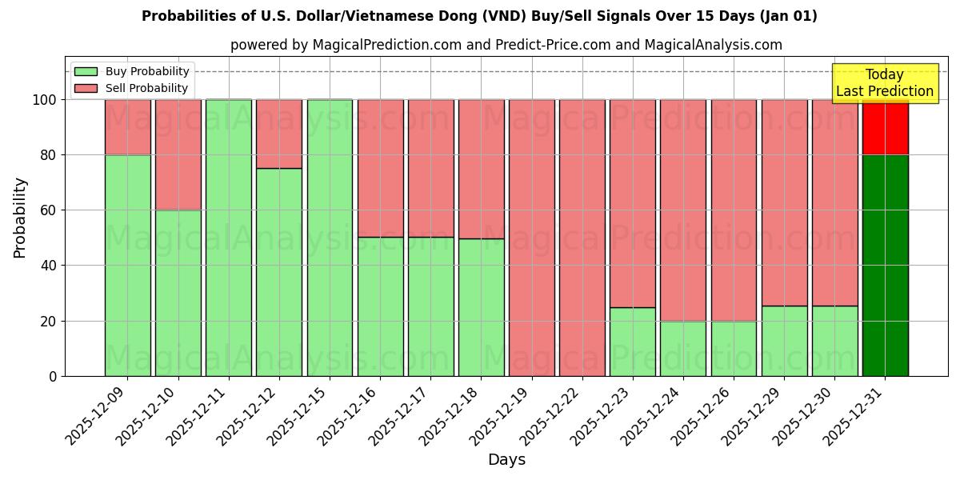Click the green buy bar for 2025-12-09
coord(127,264)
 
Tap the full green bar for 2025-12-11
coord(229,238)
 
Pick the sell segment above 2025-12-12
coord(279,134)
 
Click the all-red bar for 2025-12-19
coord(532,238)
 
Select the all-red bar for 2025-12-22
coord(582,238)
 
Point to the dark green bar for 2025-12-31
coord(886,264)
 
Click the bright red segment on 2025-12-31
coord(886,127)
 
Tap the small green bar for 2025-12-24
coord(683,349)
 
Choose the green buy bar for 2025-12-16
coord(380,306)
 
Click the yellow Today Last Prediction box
coord(885,83)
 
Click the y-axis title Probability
coord(20,218)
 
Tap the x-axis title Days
coord(506,460)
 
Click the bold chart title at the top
coord(479,16)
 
